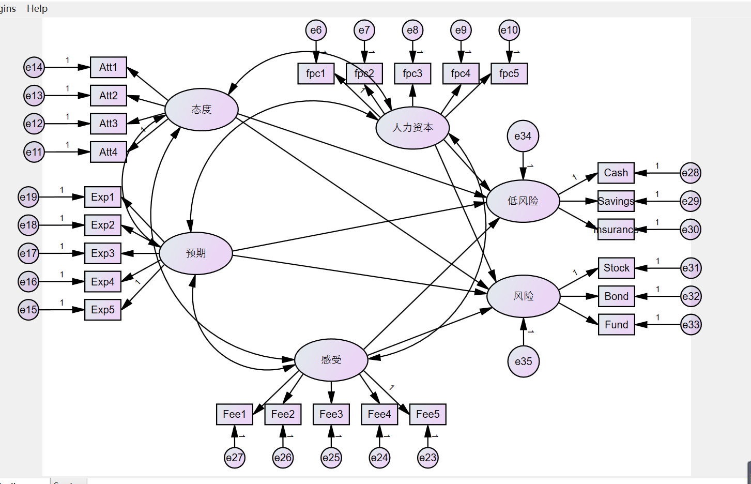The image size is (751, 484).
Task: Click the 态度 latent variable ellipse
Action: (202, 110)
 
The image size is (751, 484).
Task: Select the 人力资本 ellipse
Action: (412, 128)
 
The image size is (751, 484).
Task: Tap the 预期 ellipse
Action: (196, 253)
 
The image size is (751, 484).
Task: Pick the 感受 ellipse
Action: (331, 359)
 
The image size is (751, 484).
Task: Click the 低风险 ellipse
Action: (523, 201)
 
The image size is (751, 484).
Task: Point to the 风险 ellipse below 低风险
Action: (523, 296)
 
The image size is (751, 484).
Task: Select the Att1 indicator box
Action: (109, 67)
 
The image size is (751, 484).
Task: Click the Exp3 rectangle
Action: (103, 253)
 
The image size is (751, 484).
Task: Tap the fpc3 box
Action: (412, 73)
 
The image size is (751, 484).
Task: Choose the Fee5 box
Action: (427, 414)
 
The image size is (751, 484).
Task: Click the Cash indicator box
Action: (616, 173)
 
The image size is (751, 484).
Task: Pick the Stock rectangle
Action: (616, 268)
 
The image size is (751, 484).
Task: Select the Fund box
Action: (616, 325)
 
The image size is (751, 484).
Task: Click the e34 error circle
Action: (523, 136)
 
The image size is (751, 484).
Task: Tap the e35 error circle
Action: (523, 361)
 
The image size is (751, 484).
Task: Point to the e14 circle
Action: (34, 67)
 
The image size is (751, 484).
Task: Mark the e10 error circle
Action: (509, 30)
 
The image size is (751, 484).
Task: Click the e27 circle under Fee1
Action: (235, 458)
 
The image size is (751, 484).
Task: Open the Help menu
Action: (37, 8)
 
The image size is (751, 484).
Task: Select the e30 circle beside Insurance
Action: (691, 230)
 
